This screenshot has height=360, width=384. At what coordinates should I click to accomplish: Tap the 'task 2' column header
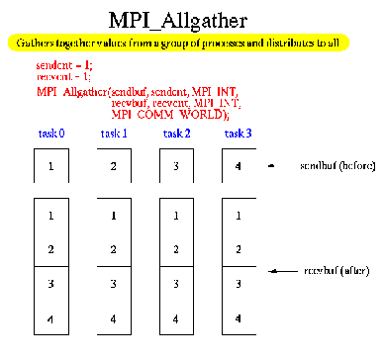(178, 133)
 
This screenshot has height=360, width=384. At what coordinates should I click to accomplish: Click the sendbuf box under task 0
(50, 166)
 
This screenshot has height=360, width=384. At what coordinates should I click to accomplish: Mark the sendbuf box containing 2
(114, 166)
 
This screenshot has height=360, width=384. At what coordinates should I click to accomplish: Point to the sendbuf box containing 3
(177, 166)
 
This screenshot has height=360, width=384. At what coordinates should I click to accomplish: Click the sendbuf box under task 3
(239, 166)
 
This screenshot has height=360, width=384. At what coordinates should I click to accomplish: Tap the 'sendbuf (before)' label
(335, 167)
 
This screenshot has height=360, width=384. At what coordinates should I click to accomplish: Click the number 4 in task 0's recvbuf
(50, 318)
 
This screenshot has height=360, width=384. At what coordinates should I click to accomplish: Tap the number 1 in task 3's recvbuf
(239, 215)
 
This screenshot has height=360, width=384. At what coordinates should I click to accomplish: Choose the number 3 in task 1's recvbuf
(114, 284)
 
